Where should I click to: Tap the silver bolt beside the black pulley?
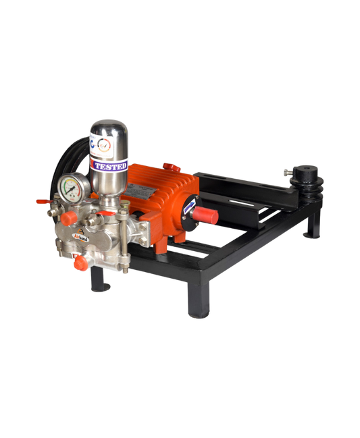(x=288, y=172)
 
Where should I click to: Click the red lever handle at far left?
(x=41, y=200)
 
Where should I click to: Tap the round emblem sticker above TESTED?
(x=104, y=144)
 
